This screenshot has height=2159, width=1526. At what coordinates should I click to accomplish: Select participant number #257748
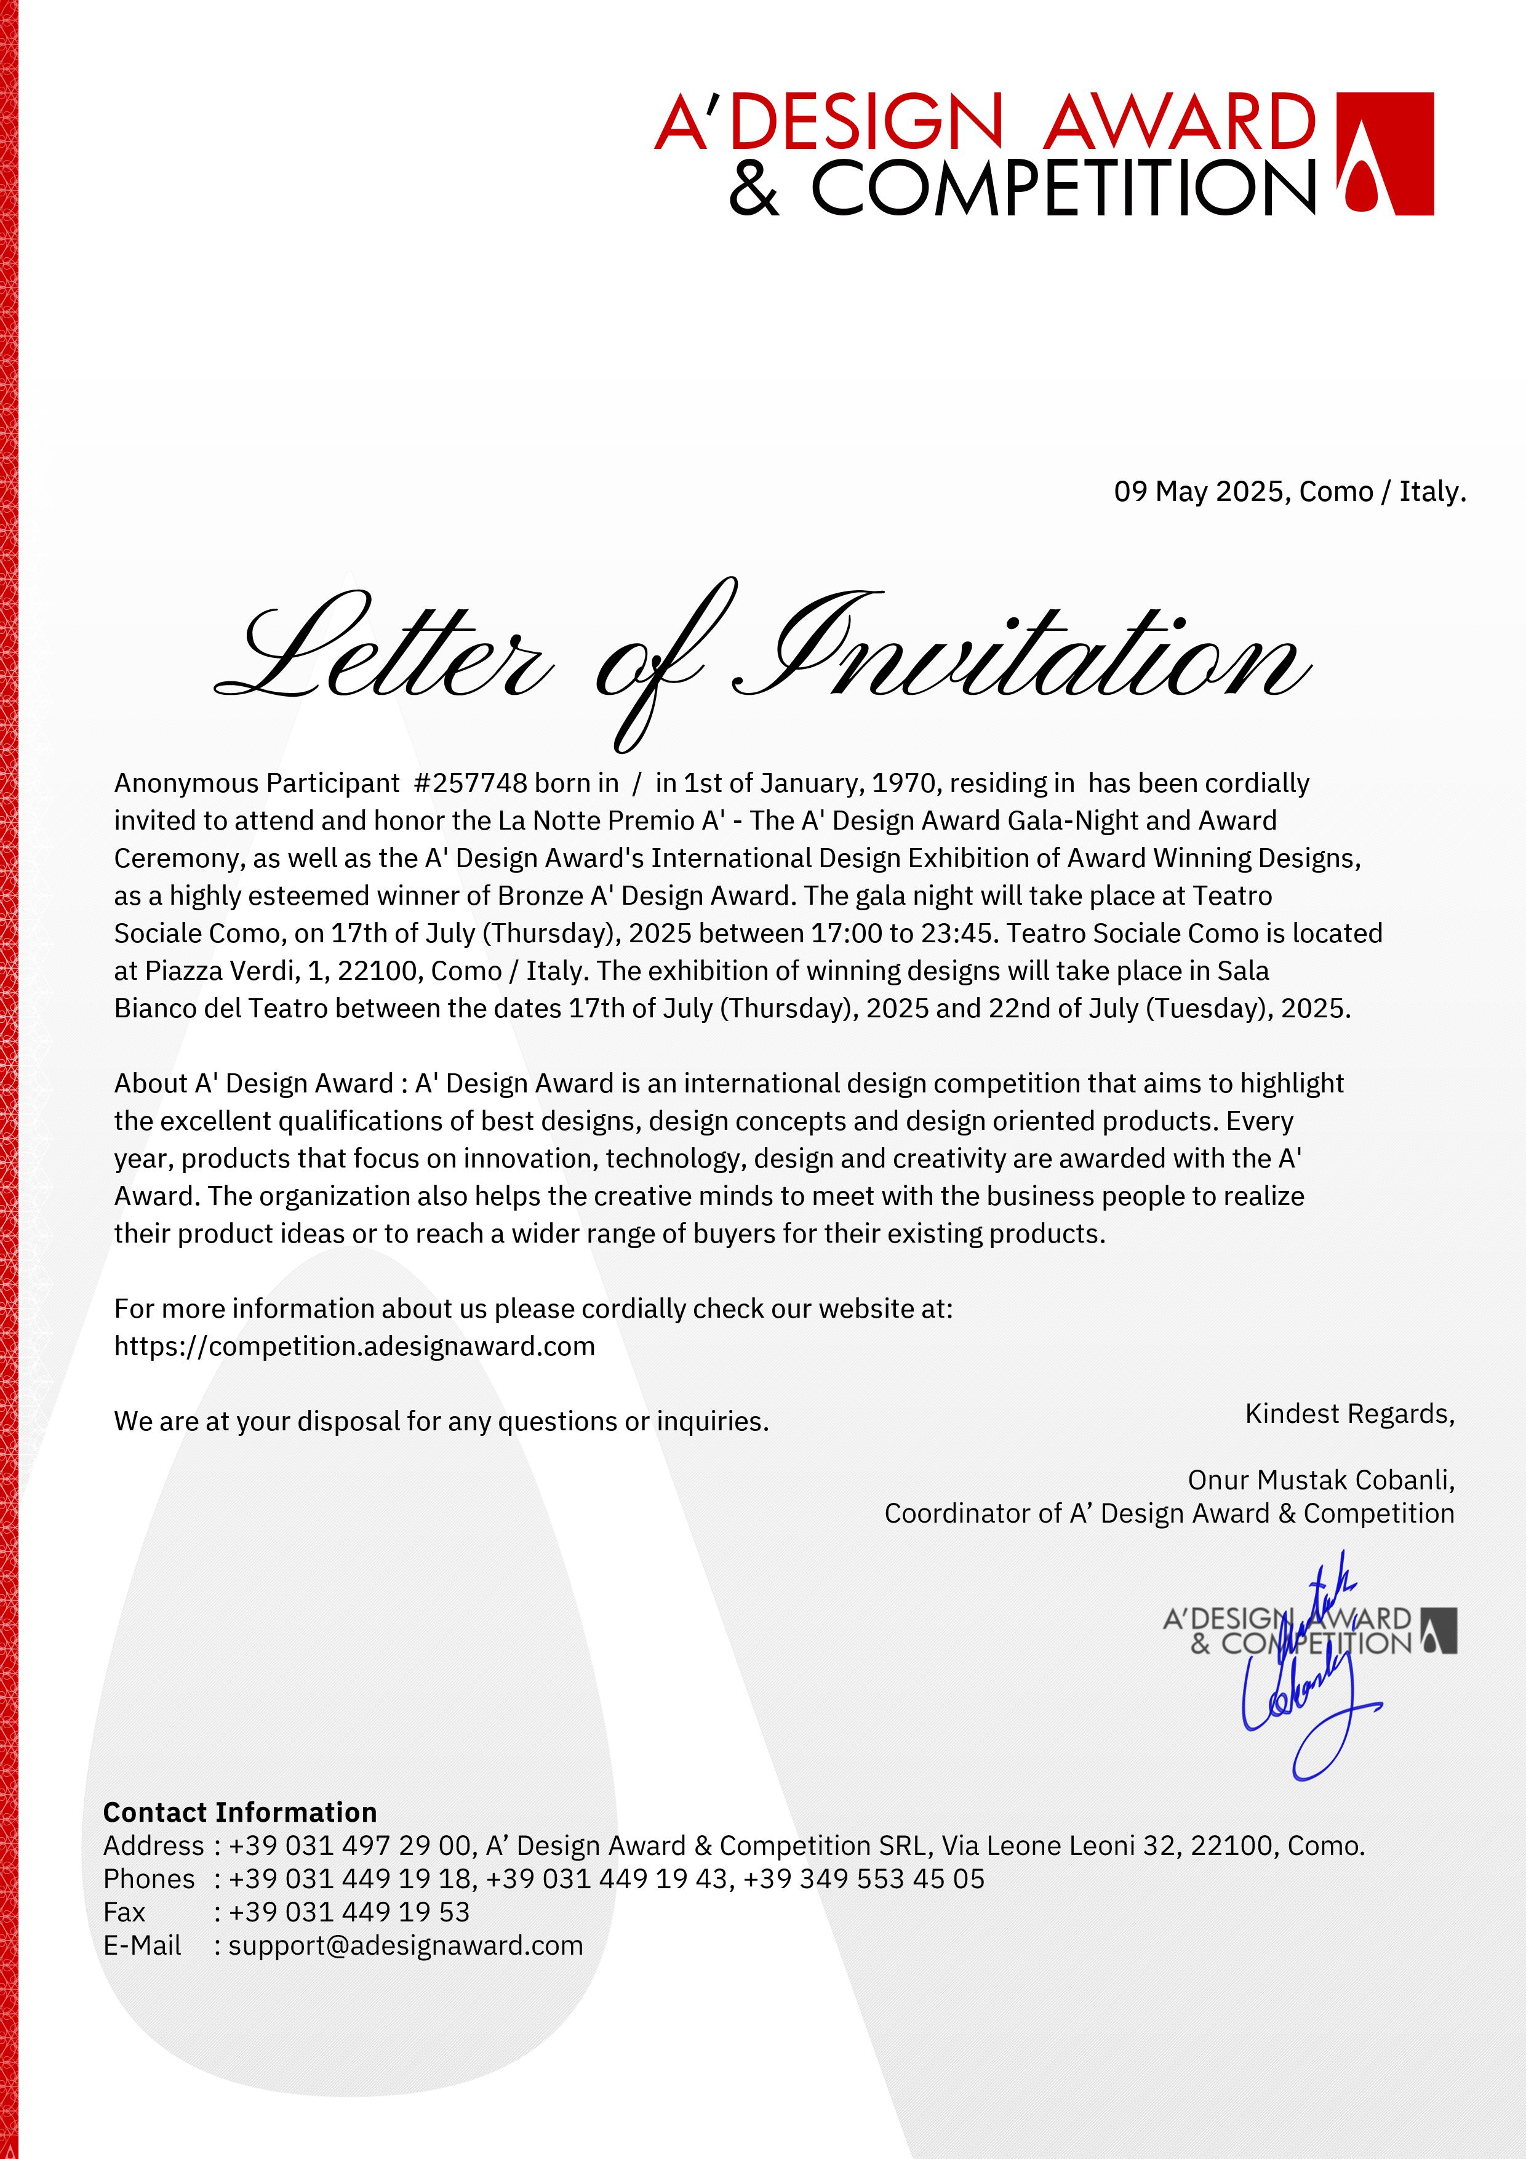(x=470, y=783)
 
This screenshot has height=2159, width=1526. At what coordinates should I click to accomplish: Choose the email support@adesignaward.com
(x=405, y=1945)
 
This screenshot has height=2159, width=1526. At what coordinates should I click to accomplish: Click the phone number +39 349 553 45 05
(x=863, y=1880)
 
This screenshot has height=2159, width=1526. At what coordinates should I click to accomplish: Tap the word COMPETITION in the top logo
(x=1063, y=188)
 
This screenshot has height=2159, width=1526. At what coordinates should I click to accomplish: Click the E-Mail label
(x=142, y=1945)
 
